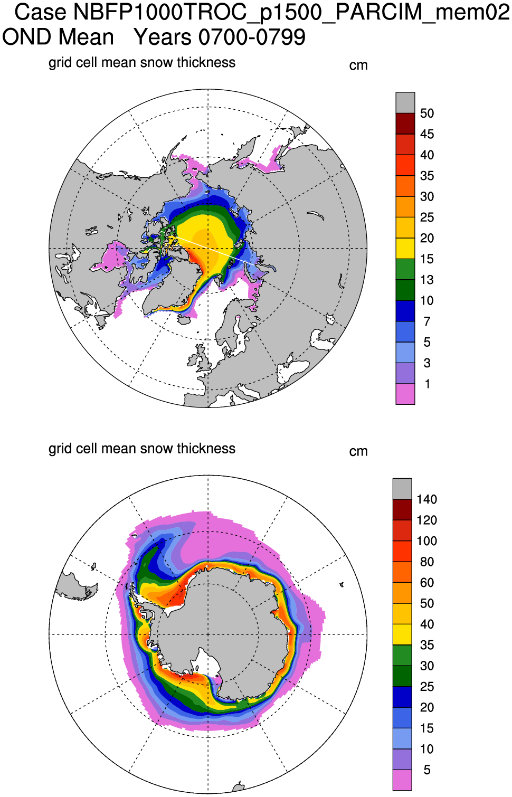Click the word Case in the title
pos(40,12)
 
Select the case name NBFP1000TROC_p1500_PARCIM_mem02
pos(292,12)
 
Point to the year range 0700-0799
pos(252,37)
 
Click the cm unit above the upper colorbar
pos(358,65)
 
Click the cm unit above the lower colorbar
pos(358,451)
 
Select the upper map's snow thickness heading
pos(141,62)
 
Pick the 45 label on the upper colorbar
pos(427,134)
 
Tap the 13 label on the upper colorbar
pos(427,280)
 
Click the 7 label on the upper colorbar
pos(427,321)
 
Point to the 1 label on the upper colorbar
pos(427,384)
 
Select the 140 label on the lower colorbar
pos(426,499)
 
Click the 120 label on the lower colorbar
pos(426,520)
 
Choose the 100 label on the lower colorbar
pos(426,541)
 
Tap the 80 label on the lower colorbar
pos(426,562)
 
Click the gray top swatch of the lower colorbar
pos(402,488)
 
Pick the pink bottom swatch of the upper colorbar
pos(405,394)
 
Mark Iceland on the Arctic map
pos(184,319)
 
